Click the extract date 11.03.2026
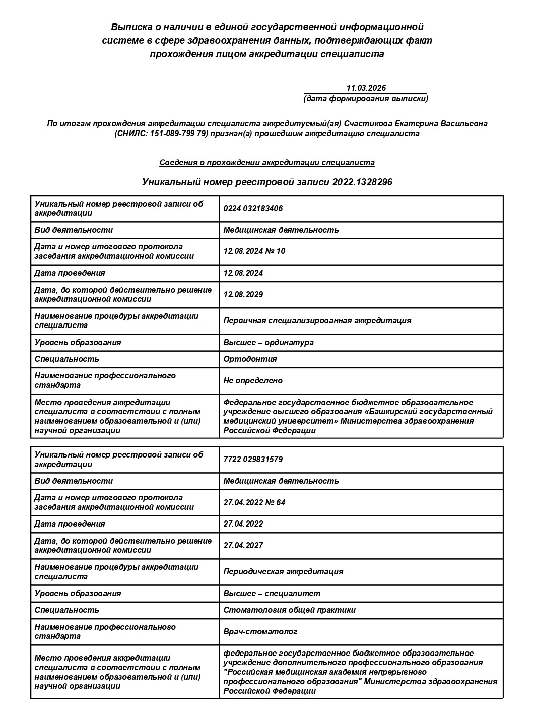[x=366, y=88]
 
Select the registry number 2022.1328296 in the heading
[x=362, y=182]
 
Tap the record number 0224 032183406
[x=253, y=208]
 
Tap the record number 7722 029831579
[x=253, y=459]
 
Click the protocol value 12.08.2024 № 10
[x=254, y=251]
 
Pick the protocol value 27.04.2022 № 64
[x=254, y=502]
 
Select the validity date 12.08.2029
[x=243, y=294]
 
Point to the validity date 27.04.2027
[x=243, y=545]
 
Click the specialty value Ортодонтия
[x=250, y=359]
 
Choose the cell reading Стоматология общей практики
[x=289, y=610]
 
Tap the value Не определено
[x=253, y=380]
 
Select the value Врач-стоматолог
[x=260, y=631]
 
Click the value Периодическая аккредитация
[x=283, y=571]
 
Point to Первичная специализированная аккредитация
[x=317, y=320]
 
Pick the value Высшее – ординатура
[x=269, y=342]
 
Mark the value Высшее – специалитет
[x=272, y=593]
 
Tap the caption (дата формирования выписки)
[x=366, y=98]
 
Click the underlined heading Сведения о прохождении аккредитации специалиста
[x=267, y=162]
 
